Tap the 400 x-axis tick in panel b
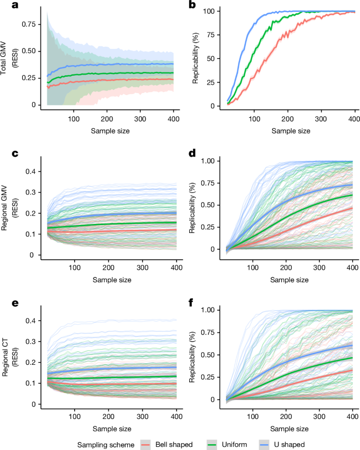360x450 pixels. (355, 115)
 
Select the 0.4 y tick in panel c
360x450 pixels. (32, 171)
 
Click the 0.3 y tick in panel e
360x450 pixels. (32, 341)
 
